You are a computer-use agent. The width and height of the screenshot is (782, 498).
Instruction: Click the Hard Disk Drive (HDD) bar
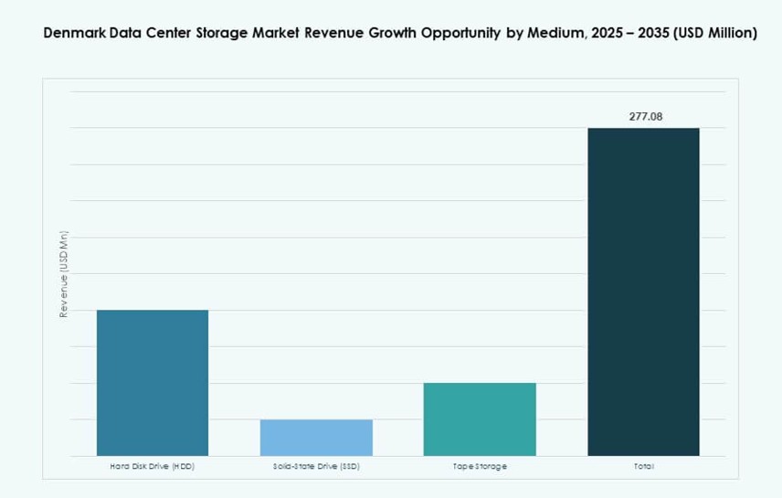pos(153,382)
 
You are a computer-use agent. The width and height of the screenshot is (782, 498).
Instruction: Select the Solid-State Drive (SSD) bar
pos(316,437)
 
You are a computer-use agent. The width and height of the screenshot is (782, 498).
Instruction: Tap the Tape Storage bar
pos(480,419)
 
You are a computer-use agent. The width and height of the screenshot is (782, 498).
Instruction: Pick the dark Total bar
pos(643,291)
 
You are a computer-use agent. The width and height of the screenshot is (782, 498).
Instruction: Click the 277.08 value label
pos(645,117)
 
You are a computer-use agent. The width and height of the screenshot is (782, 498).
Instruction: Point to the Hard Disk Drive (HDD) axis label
pos(153,467)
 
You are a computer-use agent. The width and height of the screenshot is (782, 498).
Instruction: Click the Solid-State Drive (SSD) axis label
pos(316,467)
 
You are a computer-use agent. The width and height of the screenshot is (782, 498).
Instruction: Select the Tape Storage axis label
pos(480,467)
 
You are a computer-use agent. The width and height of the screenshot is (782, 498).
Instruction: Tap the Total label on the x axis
pos(643,467)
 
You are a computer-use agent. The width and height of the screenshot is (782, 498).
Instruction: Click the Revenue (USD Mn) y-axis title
pos(64,273)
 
